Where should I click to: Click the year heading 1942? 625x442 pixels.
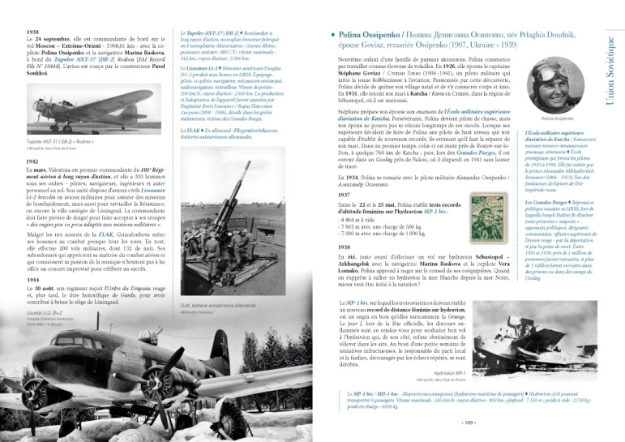pos(32,161)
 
